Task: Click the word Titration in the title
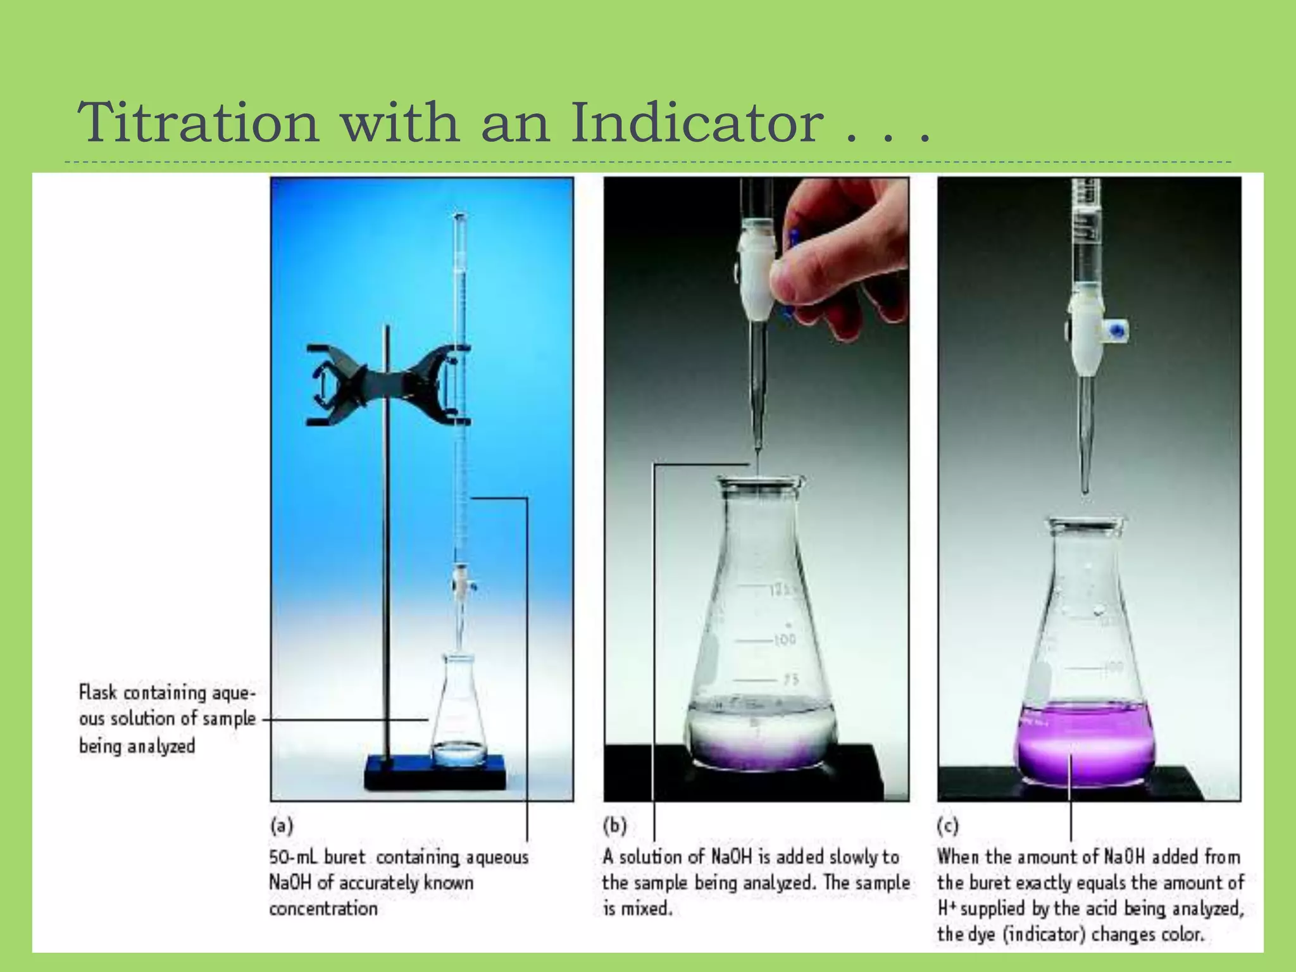coord(198,122)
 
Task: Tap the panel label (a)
coord(282,825)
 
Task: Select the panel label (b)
coord(614,825)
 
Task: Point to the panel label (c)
coord(947,825)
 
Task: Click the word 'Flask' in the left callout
coord(98,692)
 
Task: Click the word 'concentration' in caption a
coord(323,909)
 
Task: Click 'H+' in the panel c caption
coord(948,909)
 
